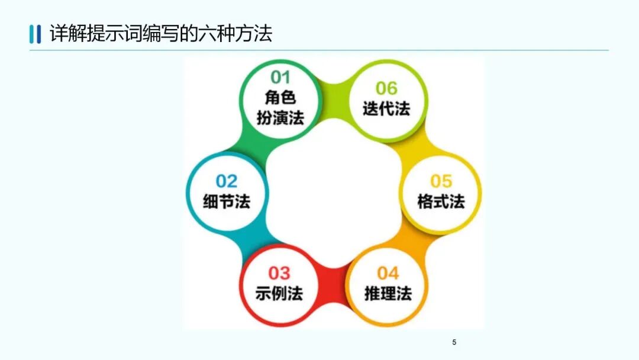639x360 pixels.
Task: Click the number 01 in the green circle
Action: [281, 77]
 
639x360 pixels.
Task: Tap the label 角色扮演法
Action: [280, 108]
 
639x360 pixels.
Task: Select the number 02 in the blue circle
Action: [226, 181]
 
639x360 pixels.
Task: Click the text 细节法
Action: [227, 202]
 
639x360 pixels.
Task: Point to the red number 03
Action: [279, 273]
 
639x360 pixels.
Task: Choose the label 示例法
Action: [279, 294]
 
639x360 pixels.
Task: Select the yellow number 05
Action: [441, 181]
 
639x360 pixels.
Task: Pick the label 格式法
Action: [441, 202]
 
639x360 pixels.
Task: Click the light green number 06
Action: [386, 88]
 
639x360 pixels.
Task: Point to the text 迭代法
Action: [386, 110]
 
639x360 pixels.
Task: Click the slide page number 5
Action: [454, 342]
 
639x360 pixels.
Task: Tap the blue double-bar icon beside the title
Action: [35, 34]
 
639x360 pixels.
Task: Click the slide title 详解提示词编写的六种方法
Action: [160, 33]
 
